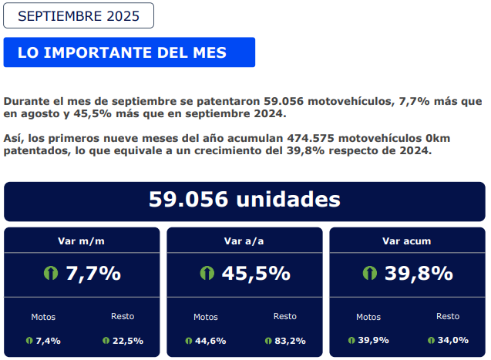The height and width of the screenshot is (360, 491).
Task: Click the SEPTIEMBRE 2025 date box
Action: point(79,15)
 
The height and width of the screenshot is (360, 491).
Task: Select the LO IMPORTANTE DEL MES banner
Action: point(129,52)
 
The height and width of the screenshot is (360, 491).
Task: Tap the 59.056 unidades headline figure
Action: point(244,200)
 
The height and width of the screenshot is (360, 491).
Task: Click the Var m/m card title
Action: point(82,241)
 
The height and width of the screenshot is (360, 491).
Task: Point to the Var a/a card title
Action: point(244,241)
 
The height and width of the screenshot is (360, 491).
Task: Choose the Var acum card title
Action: point(407,241)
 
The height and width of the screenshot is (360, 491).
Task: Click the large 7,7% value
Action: point(93,273)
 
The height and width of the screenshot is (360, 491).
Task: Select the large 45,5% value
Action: point(256,273)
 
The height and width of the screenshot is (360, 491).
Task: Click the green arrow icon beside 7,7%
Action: point(52,273)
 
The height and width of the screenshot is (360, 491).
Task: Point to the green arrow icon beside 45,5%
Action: point(207,273)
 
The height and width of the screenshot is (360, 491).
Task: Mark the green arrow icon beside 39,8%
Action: point(370,273)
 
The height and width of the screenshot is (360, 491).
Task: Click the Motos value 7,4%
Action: point(49,340)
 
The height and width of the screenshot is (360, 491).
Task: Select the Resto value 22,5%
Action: point(128,340)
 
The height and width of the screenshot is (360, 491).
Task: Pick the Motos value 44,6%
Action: point(210,340)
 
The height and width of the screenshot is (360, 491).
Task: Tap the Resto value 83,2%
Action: point(290,340)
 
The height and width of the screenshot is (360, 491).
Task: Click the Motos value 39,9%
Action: point(374,340)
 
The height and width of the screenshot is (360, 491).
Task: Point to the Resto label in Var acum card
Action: point(448,316)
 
